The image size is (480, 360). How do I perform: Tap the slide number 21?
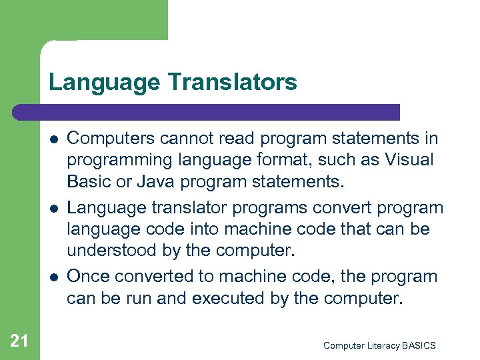point(19,341)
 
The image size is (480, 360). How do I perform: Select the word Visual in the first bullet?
point(409,161)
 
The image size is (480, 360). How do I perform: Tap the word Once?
point(88,275)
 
